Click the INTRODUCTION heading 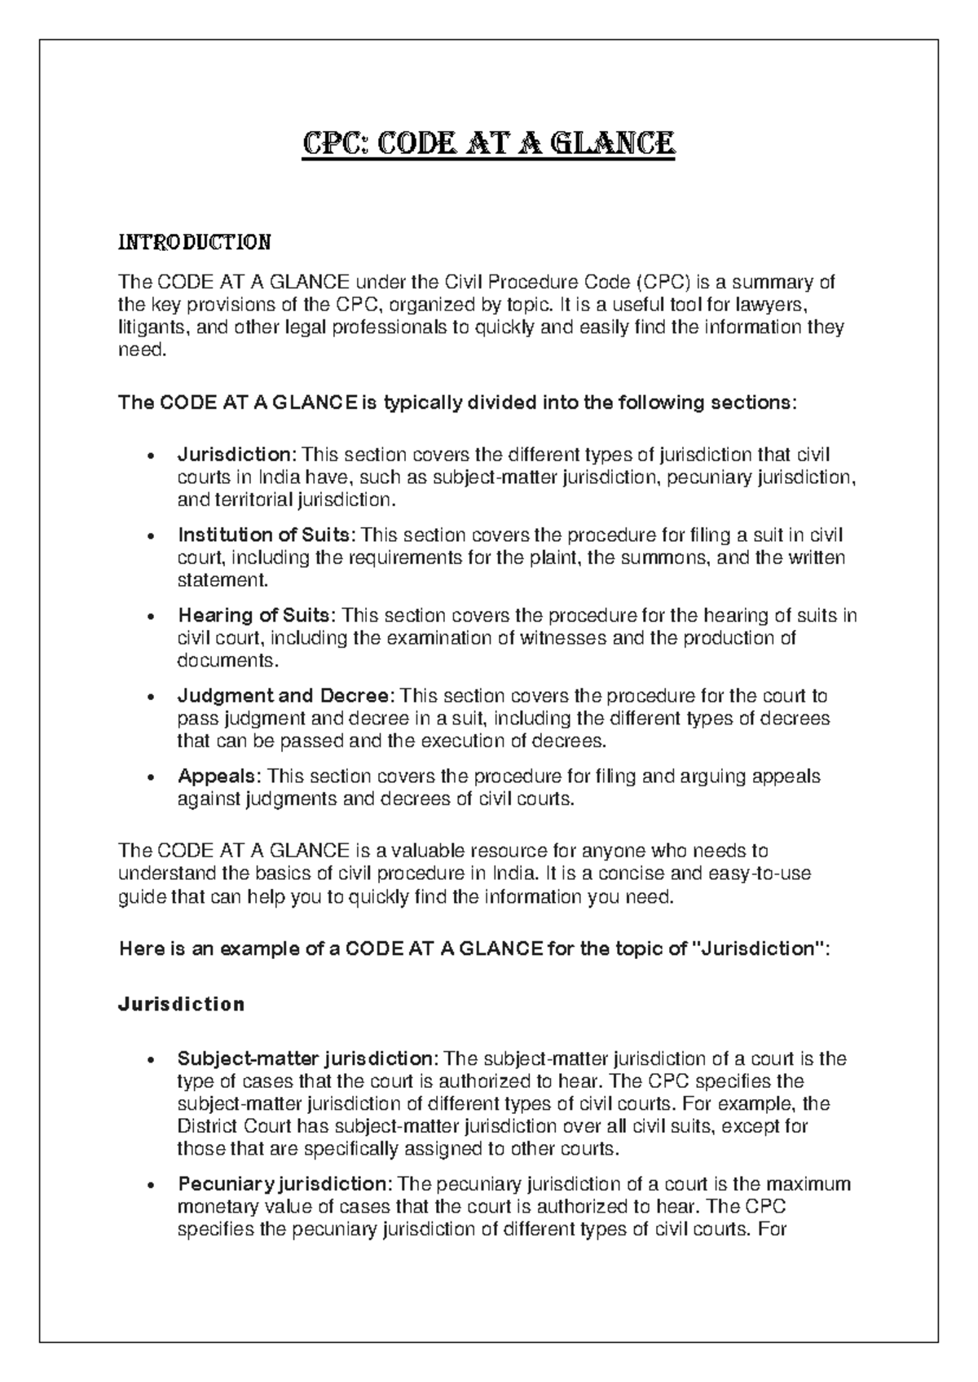(195, 242)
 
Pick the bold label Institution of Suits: (267, 535)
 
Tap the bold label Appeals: (220, 776)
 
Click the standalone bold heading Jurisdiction (182, 1004)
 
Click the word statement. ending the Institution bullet (222, 580)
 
